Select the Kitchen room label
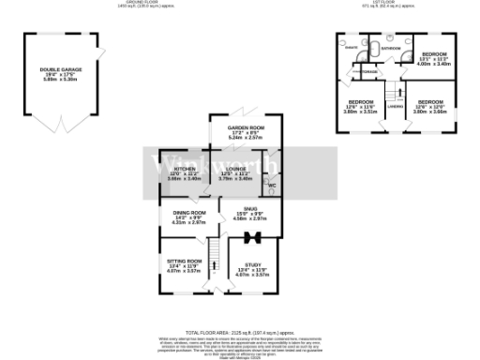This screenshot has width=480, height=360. (183, 173)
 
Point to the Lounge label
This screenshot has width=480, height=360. (234, 173)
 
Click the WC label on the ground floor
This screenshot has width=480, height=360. (271, 185)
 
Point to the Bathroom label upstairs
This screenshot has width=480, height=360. (391, 48)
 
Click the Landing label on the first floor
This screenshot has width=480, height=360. (397, 106)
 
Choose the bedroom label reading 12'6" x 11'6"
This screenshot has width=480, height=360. (361, 106)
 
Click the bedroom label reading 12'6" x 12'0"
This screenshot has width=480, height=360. (430, 106)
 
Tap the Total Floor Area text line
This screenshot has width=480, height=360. (240, 332)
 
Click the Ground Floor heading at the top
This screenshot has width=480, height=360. (240, 4)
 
